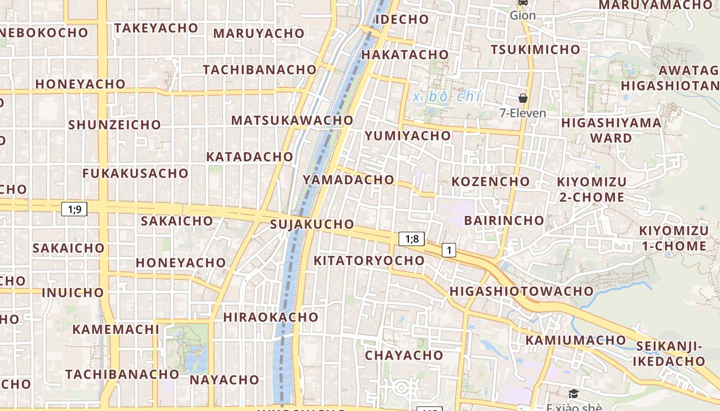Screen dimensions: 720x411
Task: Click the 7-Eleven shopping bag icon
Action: pos(523,98)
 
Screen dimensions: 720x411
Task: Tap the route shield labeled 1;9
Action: pos(75,209)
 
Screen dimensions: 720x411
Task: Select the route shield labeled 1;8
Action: pos(412,238)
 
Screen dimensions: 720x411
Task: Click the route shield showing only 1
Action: pos(449,250)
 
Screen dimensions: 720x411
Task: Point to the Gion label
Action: pos(523,15)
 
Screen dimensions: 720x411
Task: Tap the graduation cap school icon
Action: pos(573,394)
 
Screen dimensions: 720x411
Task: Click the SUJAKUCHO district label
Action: pos(312,224)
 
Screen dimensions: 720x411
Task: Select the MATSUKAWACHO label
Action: pos(292,120)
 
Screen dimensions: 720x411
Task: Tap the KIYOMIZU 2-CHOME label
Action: pos(592,189)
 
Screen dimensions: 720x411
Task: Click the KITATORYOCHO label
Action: pos(369,260)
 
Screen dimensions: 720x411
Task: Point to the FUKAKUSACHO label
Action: pos(135,173)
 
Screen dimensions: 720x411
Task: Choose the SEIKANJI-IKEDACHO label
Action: pos(669,353)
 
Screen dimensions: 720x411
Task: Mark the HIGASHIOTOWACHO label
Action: pos(521,291)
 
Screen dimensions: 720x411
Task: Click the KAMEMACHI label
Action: pos(116,329)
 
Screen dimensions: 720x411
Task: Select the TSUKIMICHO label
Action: pos(535,49)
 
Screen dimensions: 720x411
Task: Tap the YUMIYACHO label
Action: pos(407,136)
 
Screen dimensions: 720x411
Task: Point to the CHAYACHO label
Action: pos(404,355)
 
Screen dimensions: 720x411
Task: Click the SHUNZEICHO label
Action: pos(114,124)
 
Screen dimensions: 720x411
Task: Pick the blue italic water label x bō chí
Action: pos(446,96)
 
